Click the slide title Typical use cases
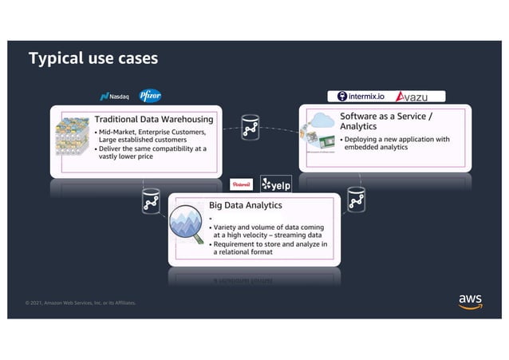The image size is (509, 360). pos(93,59)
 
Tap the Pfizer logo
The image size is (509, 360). pos(150,96)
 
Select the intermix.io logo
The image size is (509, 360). pos(363,97)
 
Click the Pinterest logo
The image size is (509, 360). pos(241,184)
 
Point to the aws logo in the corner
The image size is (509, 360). pos(470,299)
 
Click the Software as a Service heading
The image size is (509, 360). pos(385,121)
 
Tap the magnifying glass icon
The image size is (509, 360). pos(187,226)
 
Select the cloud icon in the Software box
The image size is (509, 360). pos(324,121)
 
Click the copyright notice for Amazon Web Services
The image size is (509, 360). pos(81,303)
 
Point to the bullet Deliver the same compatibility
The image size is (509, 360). pos(150,152)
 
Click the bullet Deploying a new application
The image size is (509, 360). pos(397,143)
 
